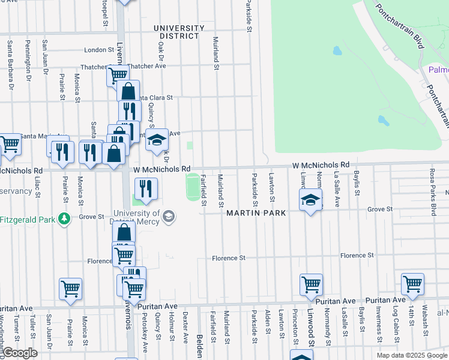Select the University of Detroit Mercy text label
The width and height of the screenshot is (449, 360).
pos(136,217)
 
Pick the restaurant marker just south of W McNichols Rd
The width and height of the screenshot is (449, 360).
pos(146,189)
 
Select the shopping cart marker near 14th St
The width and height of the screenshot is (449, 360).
pos(412,284)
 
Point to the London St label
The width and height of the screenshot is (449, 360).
pos(99,50)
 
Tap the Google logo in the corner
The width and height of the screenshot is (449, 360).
pos(20,353)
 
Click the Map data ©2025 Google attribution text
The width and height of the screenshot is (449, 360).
pos(411,355)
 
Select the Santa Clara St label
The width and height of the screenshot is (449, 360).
pos(154,97)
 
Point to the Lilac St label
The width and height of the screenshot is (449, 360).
pos(38,187)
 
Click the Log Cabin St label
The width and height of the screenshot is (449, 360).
pos(396,326)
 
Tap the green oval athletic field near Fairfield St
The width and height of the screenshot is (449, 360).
pos(193,187)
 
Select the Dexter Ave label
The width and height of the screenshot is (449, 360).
pos(185,326)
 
